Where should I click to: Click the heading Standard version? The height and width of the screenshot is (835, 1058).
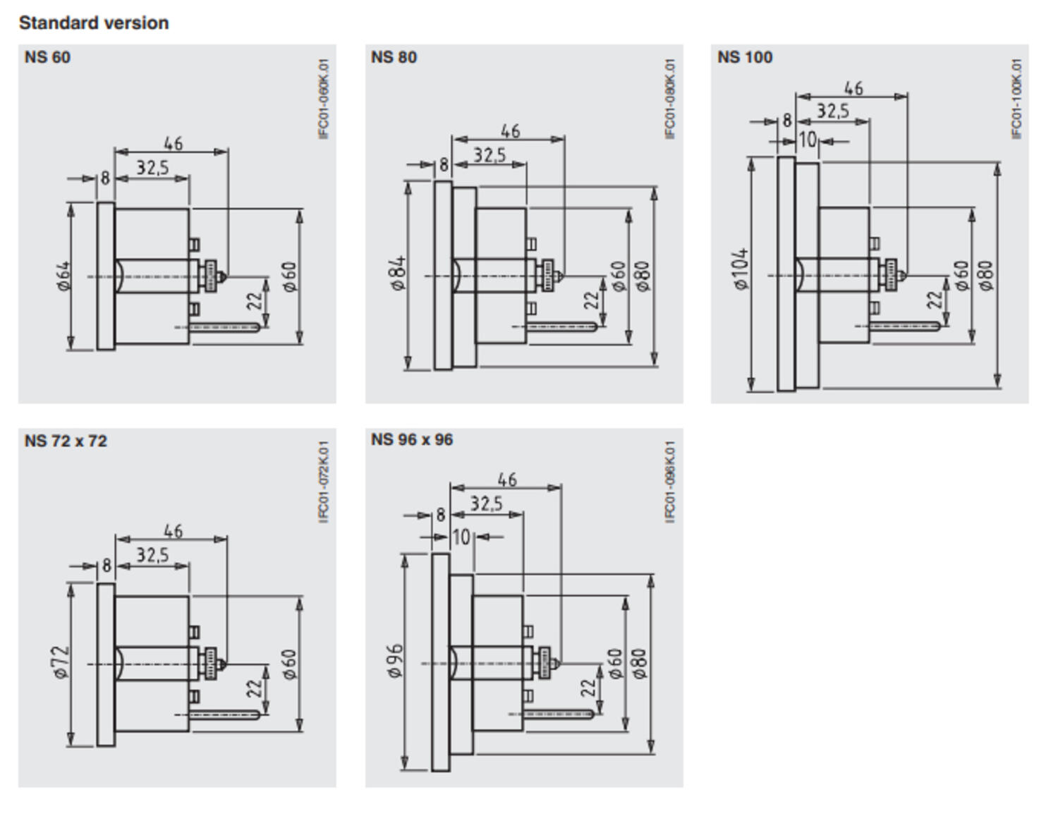(x=94, y=23)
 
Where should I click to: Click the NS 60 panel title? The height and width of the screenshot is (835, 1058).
(x=47, y=57)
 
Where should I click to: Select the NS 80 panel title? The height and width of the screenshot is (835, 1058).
(x=394, y=57)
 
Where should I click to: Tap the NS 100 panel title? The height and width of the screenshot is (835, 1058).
(x=745, y=57)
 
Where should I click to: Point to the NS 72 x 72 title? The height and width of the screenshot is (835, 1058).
(x=66, y=441)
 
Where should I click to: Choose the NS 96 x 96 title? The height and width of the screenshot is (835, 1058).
(x=412, y=440)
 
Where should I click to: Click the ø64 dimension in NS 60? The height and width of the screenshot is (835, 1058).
(x=63, y=276)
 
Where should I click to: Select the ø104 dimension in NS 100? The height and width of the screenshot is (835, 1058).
(x=741, y=269)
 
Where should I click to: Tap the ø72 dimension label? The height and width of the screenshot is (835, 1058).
(x=61, y=662)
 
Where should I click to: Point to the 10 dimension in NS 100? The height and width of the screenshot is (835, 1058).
(x=808, y=140)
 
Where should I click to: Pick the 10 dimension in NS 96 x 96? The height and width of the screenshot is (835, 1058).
(x=461, y=537)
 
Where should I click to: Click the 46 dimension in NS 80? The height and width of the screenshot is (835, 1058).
(x=510, y=131)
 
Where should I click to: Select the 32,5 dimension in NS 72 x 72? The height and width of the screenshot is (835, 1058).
(x=152, y=556)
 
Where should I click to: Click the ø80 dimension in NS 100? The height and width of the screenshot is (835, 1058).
(x=985, y=275)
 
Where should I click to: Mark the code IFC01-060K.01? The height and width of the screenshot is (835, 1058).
(x=324, y=99)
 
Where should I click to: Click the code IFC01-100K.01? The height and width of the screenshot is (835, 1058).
(x=1016, y=99)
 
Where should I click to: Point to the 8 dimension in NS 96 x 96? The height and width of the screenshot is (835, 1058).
(x=441, y=515)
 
